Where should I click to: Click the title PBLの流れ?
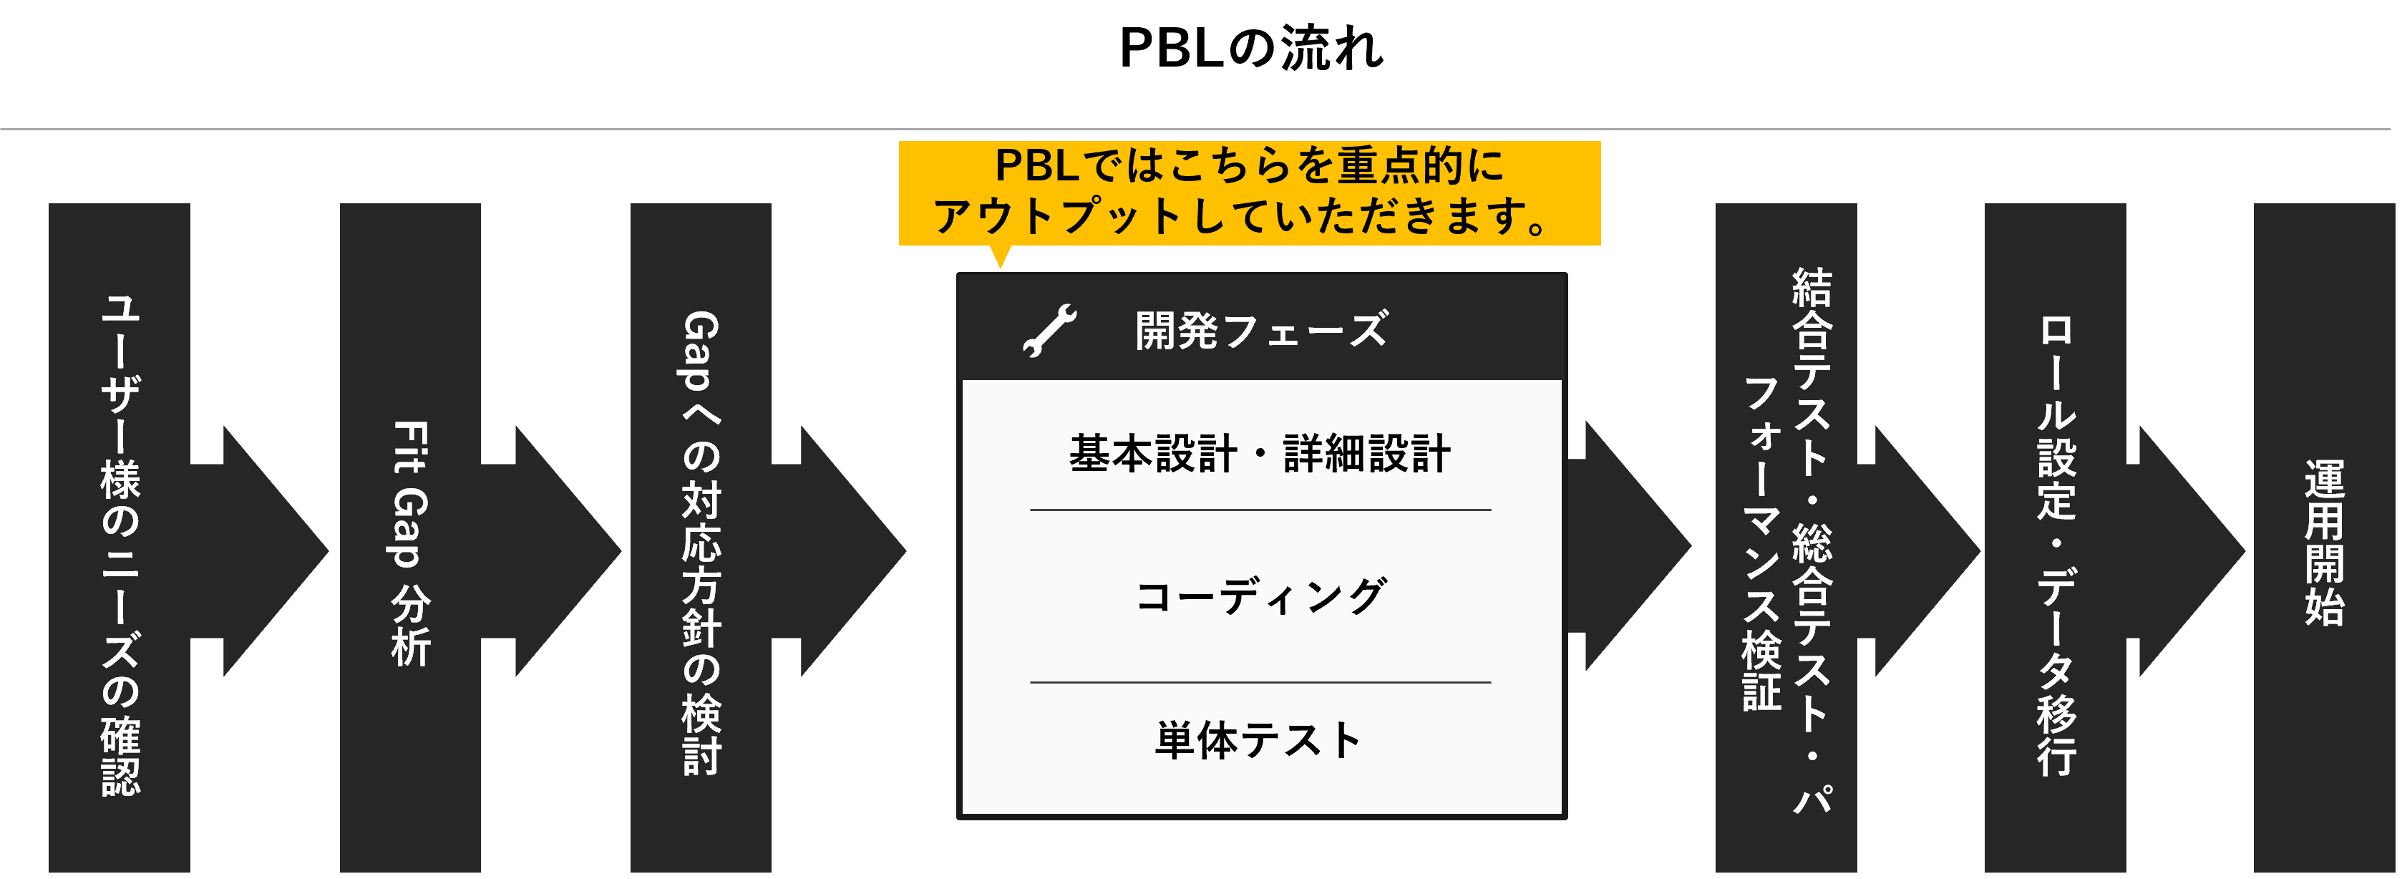click(1251, 49)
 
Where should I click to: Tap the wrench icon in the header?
click(1050, 331)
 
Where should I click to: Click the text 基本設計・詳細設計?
click(1260, 454)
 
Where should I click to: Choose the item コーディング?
click(1260, 596)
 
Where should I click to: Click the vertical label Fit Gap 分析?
click(410, 543)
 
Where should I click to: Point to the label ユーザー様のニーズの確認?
click(120, 545)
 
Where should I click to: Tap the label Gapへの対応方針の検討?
click(701, 543)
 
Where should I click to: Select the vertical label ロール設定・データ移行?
click(2056, 546)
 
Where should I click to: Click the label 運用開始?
click(2325, 543)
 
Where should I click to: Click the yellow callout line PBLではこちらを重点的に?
click(1250, 166)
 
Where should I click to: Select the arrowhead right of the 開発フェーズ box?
click(1629, 545)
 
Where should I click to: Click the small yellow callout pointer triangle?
click(1001, 256)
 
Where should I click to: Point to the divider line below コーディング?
click(1260, 682)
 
